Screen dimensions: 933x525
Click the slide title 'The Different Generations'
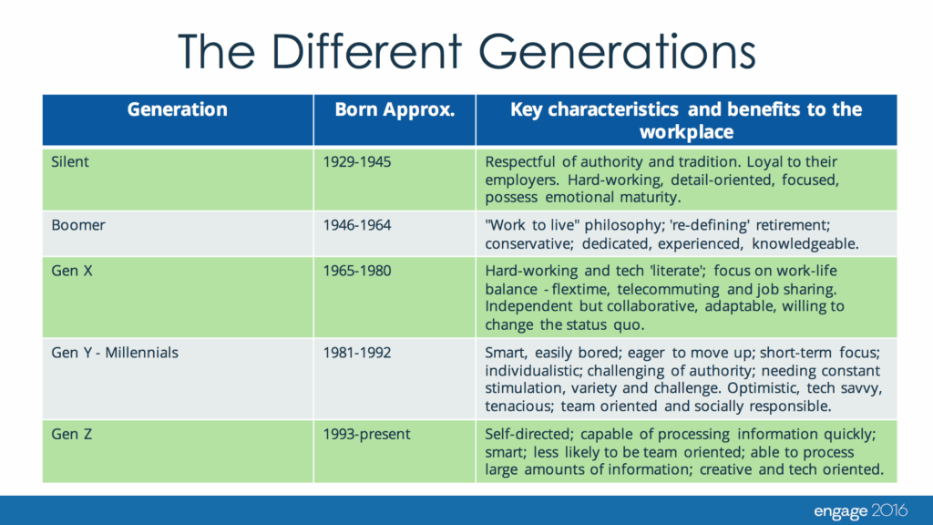point(466,51)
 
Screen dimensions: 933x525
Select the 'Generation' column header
point(178,109)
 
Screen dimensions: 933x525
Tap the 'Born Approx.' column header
point(395,109)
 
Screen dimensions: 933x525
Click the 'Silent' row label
point(70,162)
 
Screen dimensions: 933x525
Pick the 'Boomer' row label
point(78,226)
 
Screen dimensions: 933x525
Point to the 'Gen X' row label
point(72,271)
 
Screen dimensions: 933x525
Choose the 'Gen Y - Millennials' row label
point(115,353)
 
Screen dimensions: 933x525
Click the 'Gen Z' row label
point(71,435)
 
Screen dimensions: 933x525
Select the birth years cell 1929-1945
point(357,162)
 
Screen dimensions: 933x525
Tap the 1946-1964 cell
point(357,226)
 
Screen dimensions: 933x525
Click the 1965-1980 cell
point(357,271)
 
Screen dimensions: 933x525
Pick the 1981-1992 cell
point(357,353)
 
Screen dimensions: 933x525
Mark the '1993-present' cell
point(366,435)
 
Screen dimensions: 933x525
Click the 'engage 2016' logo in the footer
point(860,510)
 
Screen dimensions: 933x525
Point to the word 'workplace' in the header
point(686,132)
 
